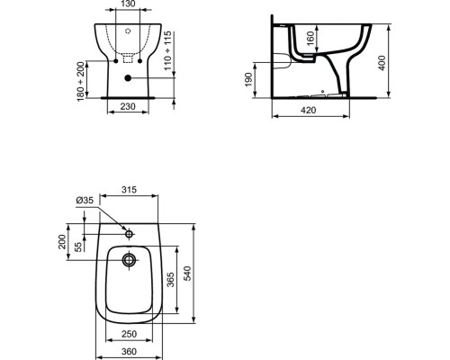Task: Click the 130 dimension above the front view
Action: pyautogui.click(x=129, y=5)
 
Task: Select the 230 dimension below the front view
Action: pyautogui.click(x=129, y=104)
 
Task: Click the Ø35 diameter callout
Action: pyautogui.click(x=85, y=200)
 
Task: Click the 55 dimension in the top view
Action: pyautogui.click(x=78, y=246)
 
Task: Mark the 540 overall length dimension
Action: pyautogui.click(x=187, y=272)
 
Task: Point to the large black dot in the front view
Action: pyautogui.click(x=129, y=78)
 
